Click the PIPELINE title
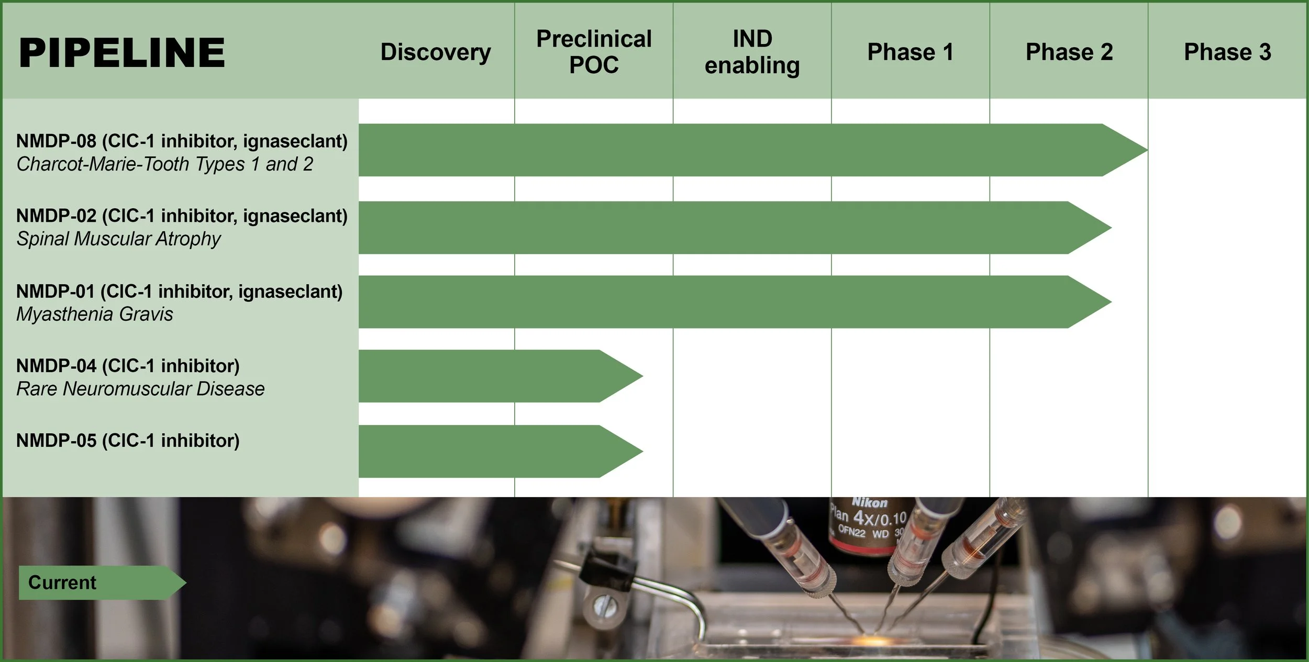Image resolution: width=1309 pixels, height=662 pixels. pos(121,53)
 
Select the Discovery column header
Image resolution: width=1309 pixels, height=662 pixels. pos(436,52)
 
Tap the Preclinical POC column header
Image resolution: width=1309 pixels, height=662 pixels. pos(594,52)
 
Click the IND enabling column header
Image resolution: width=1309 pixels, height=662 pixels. pos(752,52)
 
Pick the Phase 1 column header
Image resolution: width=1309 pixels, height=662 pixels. pos(910,52)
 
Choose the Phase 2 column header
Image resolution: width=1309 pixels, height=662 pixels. pos(1069,52)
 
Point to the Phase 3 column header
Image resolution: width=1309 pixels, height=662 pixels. pos(1227,52)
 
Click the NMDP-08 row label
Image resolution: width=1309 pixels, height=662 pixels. pos(182,141)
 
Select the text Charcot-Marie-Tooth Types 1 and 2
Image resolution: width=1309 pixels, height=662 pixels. pos(165,164)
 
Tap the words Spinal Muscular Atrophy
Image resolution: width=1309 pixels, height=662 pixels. pos(119,239)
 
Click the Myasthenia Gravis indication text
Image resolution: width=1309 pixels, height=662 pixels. pos(95,315)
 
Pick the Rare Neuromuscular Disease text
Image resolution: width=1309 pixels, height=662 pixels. pos(140,389)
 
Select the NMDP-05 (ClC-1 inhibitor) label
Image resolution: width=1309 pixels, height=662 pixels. pos(128,441)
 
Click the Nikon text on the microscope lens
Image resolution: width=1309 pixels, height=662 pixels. pos(870,502)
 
